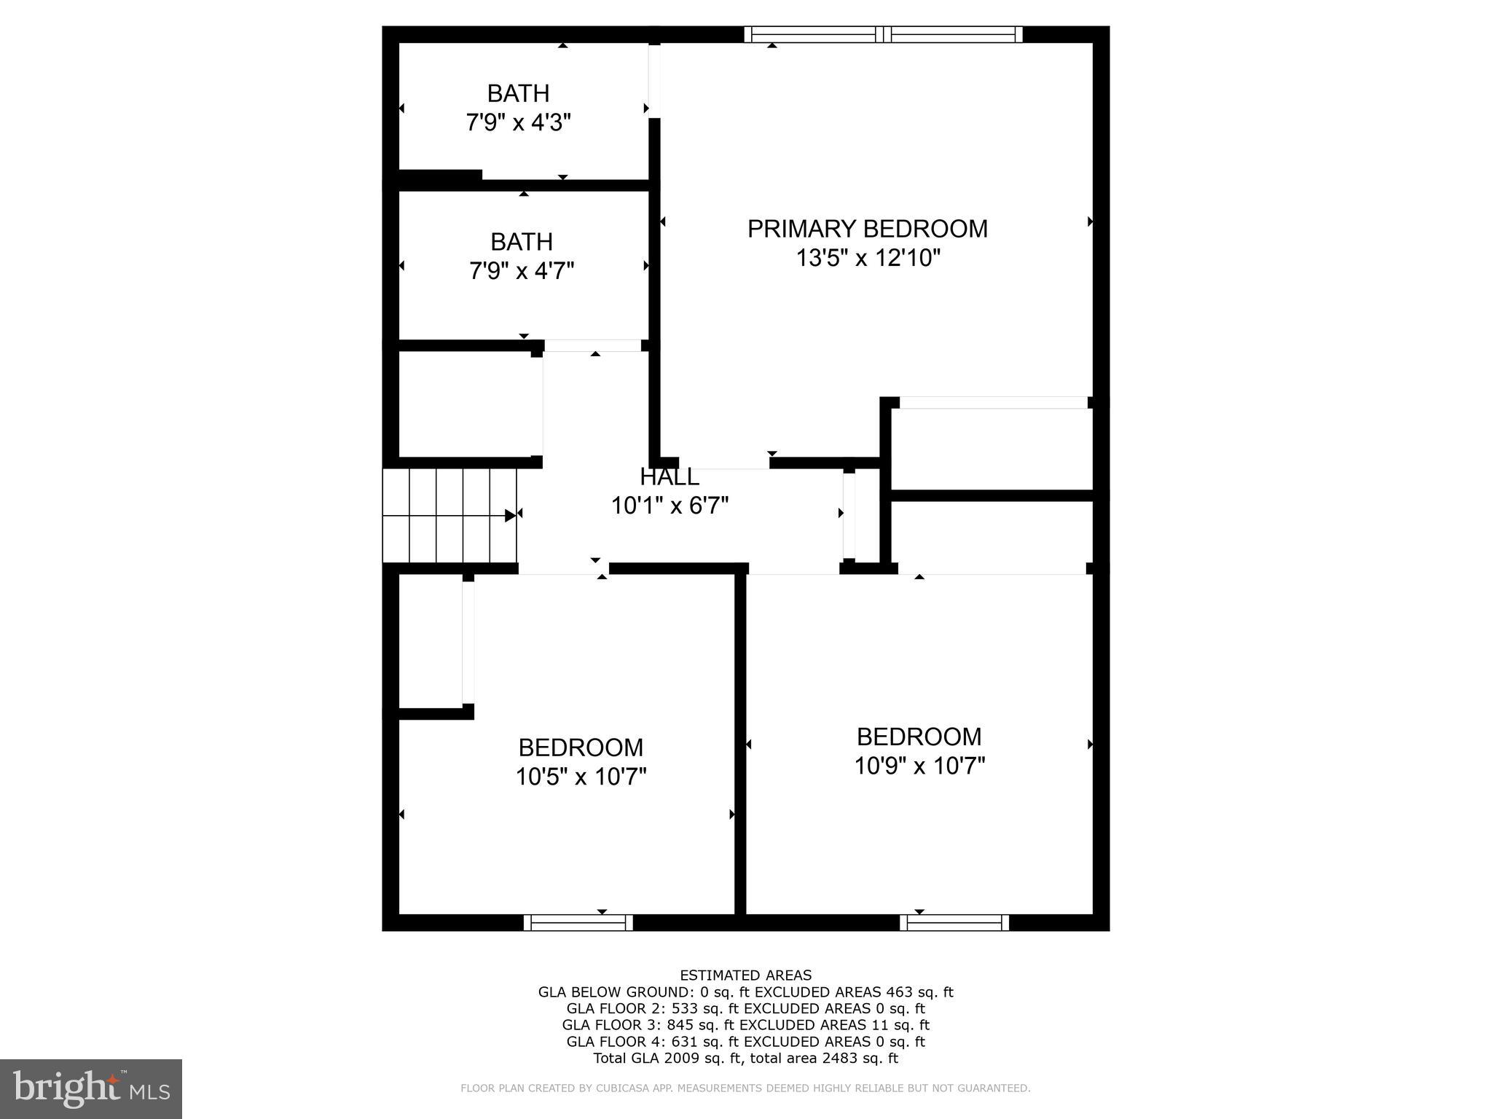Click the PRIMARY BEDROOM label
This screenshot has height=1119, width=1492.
(867, 229)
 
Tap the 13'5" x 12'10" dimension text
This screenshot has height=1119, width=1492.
(868, 258)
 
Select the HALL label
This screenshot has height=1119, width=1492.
(669, 477)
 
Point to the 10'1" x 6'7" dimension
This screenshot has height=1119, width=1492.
(670, 506)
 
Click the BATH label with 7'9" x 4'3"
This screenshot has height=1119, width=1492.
(518, 94)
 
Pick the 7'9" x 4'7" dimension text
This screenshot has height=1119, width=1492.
(522, 271)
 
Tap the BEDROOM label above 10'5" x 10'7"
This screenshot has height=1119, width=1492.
(581, 747)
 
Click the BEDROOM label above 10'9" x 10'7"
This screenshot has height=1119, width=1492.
(919, 737)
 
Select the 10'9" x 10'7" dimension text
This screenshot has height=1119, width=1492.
(919, 766)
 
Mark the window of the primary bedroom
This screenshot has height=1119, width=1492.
(883, 34)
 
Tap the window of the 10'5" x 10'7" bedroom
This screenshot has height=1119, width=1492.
(578, 923)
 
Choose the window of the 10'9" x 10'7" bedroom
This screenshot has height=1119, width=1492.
(954, 923)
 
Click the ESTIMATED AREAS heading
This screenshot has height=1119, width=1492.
(745, 975)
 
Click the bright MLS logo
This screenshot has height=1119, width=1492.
(91, 1088)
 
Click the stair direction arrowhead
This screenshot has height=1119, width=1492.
(511, 516)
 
